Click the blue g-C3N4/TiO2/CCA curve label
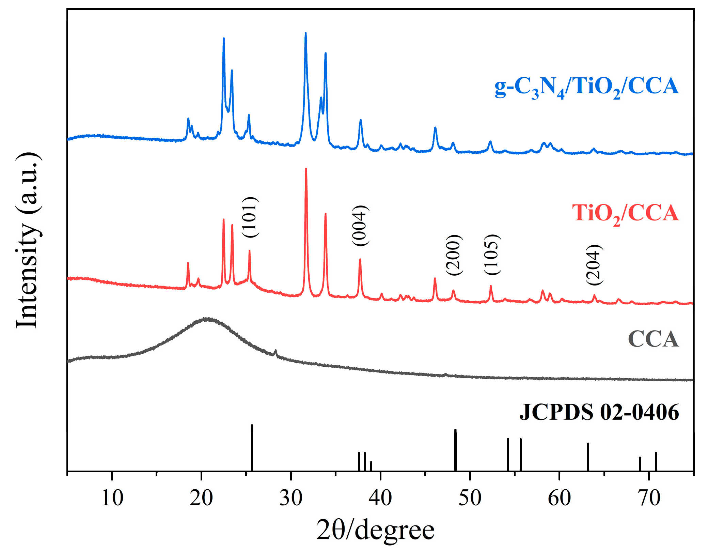[586, 87]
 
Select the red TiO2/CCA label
[625, 214]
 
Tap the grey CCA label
[653, 339]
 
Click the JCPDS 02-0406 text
[599, 412]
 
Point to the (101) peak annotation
[250, 217]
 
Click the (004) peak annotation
[360, 226]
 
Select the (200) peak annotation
[454, 255]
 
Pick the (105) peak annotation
[492, 255]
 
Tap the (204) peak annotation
[594, 265]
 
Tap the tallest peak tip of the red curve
[306, 169]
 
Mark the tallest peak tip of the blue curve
[305, 33]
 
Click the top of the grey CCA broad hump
[206, 319]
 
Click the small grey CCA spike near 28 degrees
[276, 351]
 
